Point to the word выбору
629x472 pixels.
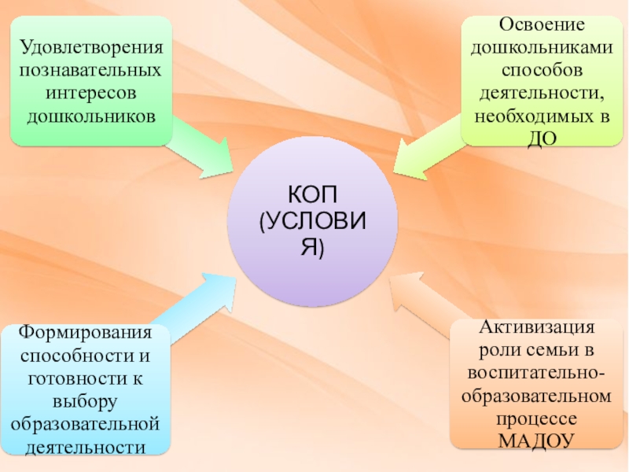tap(86, 402)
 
